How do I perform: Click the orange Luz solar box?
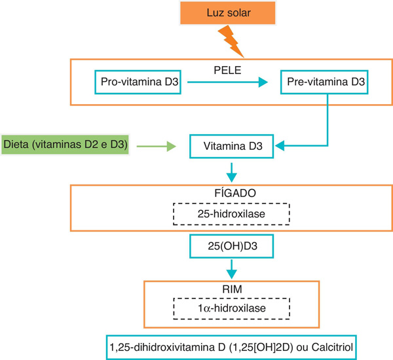227,13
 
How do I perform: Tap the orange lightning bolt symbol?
231,41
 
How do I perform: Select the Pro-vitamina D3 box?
138,82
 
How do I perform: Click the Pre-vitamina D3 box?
324,82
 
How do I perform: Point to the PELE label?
227,71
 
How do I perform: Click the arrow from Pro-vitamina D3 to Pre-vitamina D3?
227,82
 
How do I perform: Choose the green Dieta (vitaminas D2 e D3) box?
65,145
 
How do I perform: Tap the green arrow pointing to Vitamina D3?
157,146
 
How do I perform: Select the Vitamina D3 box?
232,147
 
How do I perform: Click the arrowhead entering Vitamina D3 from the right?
280,145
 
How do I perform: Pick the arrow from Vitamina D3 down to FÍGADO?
232,173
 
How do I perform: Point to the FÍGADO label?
235,193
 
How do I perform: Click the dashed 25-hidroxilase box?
231,214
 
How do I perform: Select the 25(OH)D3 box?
232,246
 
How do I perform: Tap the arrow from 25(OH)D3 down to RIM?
232,269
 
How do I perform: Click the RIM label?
232,289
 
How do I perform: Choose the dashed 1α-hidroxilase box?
231,308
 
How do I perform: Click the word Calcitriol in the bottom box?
332,348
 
